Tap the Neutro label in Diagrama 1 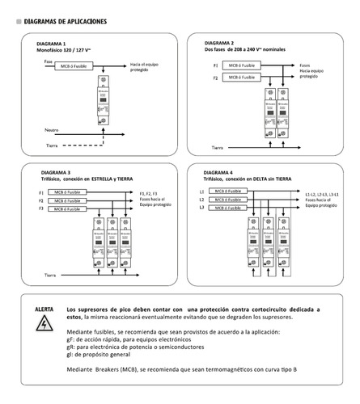[52, 129]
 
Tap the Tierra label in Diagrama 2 [218, 148]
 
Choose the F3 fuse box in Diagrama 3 [68, 208]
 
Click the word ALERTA [45, 309]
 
